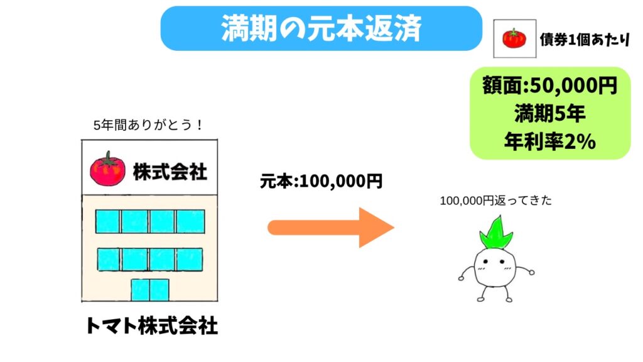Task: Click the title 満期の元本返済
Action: click(x=321, y=28)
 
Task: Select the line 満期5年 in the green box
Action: click(x=550, y=115)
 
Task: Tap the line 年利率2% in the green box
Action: click(x=550, y=143)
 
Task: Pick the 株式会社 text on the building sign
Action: click(x=170, y=171)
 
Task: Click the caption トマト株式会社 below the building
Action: click(x=151, y=326)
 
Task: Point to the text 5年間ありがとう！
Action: click(x=148, y=125)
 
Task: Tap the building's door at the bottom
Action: click(x=150, y=290)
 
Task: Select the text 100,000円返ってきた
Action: click(x=495, y=201)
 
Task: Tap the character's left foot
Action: click(x=483, y=299)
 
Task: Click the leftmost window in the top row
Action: click(x=107, y=221)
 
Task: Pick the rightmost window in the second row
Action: click(x=190, y=259)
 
